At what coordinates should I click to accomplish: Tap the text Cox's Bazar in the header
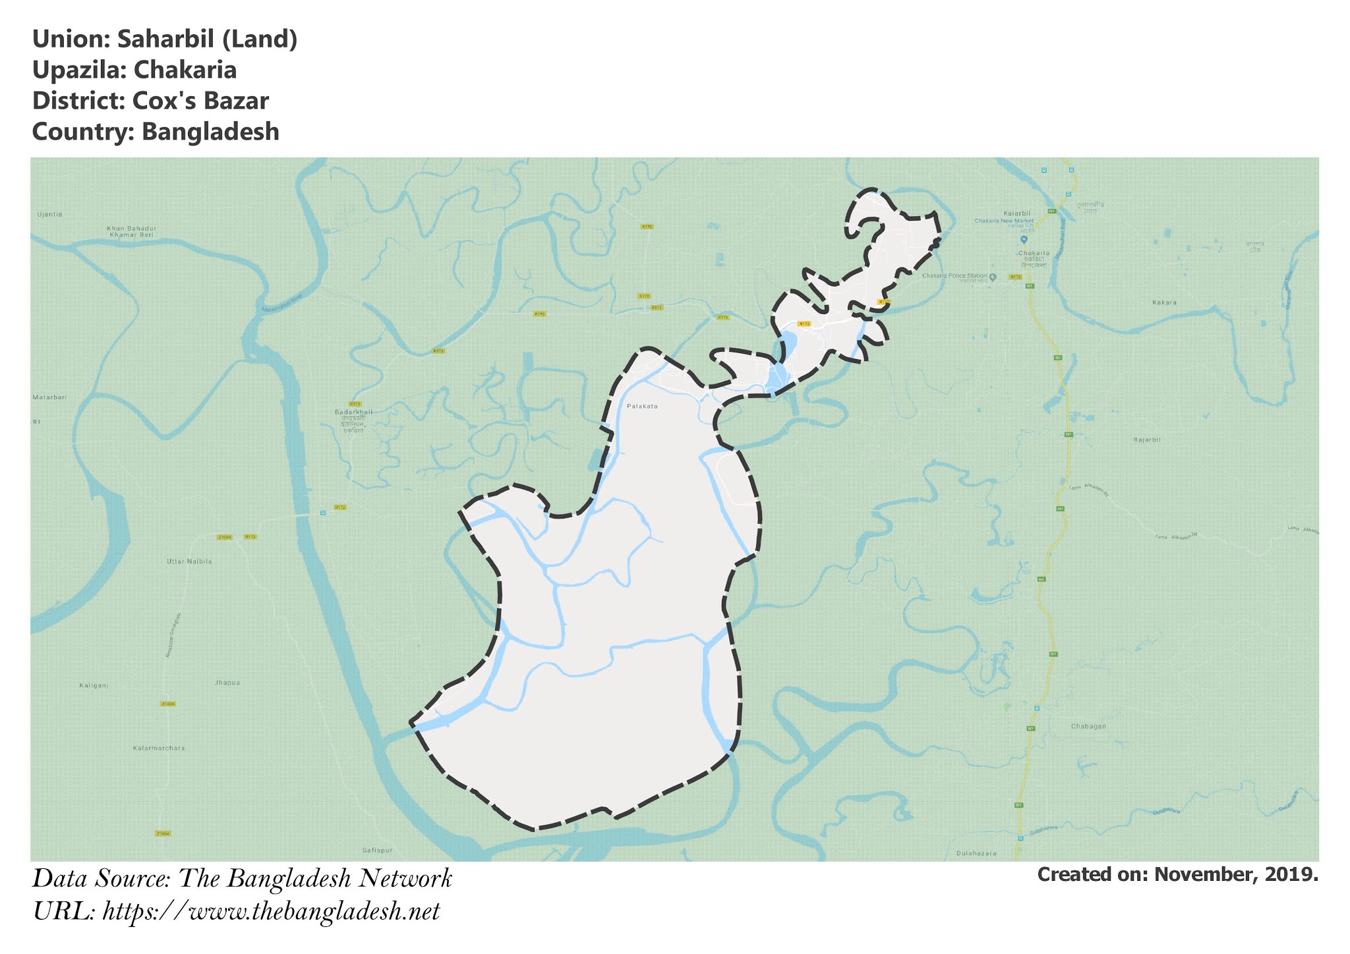[x=200, y=101]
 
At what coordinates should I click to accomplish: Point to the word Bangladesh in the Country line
[x=210, y=132]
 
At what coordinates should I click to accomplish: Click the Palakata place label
[x=642, y=407]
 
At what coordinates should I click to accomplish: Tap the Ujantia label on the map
[x=49, y=214]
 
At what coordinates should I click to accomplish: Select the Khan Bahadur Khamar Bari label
[x=132, y=231]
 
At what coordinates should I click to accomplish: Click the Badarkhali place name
[x=353, y=412]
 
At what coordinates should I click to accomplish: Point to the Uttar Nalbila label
[x=189, y=561]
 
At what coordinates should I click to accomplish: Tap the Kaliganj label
[x=93, y=686]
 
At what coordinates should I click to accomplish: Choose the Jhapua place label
[x=227, y=683]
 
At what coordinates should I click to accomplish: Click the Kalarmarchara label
[x=159, y=748]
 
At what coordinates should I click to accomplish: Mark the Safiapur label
[x=378, y=851]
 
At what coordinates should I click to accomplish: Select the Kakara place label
[x=1164, y=302]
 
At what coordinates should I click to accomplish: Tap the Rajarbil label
[x=1147, y=439]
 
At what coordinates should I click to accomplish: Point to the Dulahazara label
[x=976, y=853]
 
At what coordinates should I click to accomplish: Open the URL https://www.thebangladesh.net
[x=271, y=912]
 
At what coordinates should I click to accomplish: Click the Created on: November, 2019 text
[x=1177, y=875]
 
